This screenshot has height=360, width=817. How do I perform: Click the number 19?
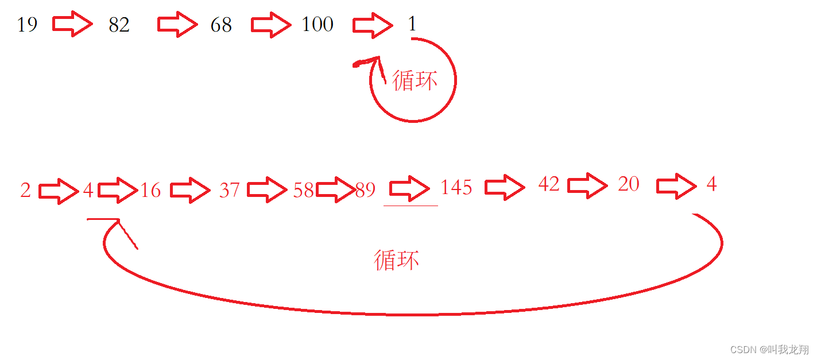pyautogui.click(x=27, y=25)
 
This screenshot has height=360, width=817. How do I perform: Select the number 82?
pyautogui.click(x=119, y=25)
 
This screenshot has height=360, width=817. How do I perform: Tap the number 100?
pyautogui.click(x=317, y=24)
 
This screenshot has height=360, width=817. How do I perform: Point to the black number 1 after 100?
pyautogui.click(x=412, y=24)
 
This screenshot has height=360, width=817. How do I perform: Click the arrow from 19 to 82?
pyautogui.click(x=72, y=24)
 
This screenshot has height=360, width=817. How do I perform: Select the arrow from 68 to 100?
pyautogui.click(x=271, y=25)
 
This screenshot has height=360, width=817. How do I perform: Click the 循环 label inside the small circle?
pyautogui.click(x=415, y=80)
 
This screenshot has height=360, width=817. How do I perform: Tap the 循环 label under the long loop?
pyautogui.click(x=396, y=260)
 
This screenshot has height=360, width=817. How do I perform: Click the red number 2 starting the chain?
pyautogui.click(x=25, y=190)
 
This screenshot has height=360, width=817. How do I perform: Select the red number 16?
pyautogui.click(x=150, y=190)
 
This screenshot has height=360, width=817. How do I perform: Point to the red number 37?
pyautogui.click(x=229, y=189)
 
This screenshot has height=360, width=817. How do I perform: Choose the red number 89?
pyautogui.click(x=365, y=190)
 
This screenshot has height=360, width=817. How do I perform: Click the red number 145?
pyautogui.click(x=456, y=188)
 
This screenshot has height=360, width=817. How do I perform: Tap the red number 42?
pyautogui.click(x=548, y=184)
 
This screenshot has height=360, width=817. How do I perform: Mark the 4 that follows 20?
pyautogui.click(x=711, y=184)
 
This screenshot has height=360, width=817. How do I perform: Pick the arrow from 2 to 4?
pyautogui.click(x=59, y=191)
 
